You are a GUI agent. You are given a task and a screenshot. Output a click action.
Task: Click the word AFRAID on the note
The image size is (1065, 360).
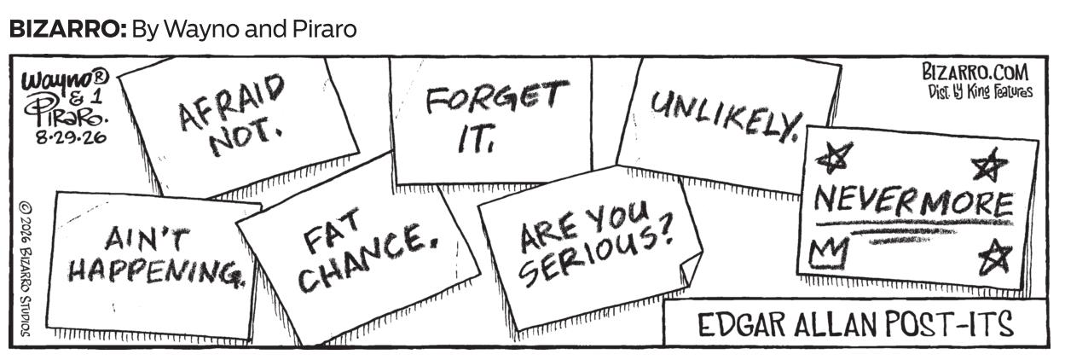pos(232,103)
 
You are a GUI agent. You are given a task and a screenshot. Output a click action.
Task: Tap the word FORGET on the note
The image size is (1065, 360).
pos(497,97)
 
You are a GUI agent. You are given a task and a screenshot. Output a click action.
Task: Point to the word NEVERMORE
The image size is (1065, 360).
pos(914,201)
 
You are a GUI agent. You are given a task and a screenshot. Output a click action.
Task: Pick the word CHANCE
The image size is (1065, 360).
pos(367,257)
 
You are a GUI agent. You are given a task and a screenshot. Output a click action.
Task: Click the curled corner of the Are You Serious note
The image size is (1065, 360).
pos(691,271)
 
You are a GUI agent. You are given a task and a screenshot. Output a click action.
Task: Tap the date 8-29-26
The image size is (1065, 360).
pos(72,138)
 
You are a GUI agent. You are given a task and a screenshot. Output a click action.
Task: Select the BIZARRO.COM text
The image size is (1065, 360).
pos(975,73)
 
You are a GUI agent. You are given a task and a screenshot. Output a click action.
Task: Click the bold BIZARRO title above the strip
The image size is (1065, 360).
pos(67,30)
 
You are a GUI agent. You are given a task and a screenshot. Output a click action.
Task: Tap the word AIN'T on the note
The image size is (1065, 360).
pos(146,238)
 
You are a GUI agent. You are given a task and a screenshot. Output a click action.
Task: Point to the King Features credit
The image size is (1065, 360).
pos(981,91)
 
